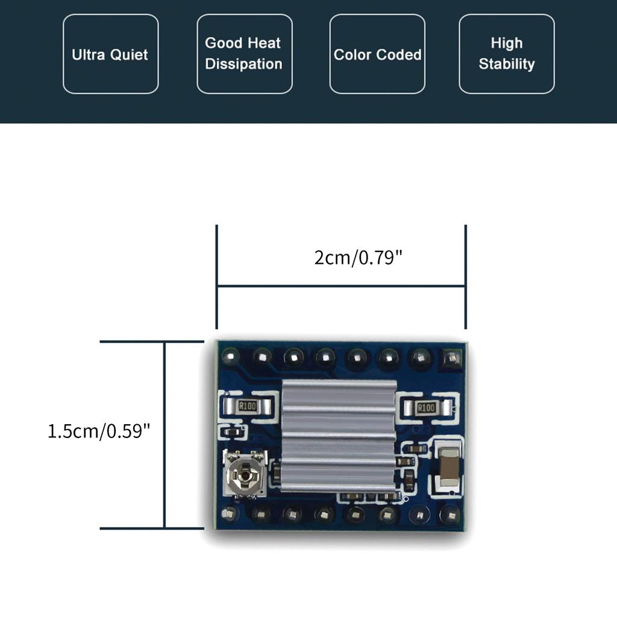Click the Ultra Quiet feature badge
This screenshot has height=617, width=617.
point(111,54)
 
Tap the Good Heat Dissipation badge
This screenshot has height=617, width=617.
point(244,54)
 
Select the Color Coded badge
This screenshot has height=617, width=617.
point(377,54)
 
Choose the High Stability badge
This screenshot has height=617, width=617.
point(506,54)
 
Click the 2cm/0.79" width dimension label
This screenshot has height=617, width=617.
point(358,258)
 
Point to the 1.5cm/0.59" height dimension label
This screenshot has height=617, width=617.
point(99,431)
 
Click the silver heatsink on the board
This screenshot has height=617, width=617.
point(339,435)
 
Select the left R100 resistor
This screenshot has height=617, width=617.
point(248,406)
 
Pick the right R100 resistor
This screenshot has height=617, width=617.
point(426,408)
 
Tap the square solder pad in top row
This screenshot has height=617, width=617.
point(450,360)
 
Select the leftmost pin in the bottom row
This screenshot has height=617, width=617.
point(230,513)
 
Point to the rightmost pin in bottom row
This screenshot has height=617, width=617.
point(449,514)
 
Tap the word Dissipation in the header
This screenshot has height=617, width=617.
point(244,64)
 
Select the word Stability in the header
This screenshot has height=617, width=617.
point(507,64)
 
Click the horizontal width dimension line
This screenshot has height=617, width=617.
point(341,286)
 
